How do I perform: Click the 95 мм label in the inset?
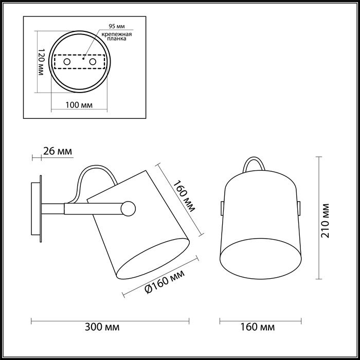click(116, 26)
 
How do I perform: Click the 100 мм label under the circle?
click(79, 105)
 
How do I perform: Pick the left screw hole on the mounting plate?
click(66, 62)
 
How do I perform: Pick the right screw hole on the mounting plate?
click(93, 62)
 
